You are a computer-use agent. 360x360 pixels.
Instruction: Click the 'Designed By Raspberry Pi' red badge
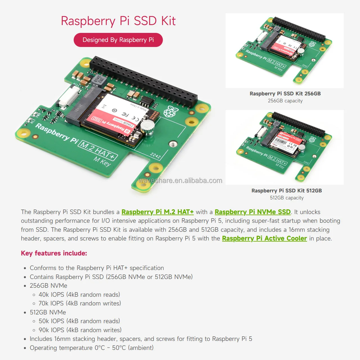point(118,40)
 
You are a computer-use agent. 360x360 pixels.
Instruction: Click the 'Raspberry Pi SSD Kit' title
point(118,21)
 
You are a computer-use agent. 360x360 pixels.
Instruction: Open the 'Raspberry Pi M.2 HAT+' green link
point(157,212)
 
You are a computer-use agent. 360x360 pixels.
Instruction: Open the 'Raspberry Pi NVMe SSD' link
point(253,212)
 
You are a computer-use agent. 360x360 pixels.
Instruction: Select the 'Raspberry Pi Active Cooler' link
point(264,238)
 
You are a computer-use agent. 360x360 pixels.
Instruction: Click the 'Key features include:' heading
point(54,253)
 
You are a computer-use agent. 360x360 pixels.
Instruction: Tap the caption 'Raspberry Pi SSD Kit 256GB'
point(285,94)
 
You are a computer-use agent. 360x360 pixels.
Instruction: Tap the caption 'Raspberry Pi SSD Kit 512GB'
point(287,191)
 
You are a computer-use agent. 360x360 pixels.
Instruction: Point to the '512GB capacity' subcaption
point(287,198)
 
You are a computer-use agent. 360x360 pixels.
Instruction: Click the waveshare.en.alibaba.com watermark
point(180,181)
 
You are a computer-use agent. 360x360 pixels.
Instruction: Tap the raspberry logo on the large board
point(171,112)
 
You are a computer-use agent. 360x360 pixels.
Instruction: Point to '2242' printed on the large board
point(155,156)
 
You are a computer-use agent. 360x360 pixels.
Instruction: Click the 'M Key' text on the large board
point(102,162)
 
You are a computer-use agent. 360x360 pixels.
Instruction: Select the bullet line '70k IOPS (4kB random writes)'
point(80,303)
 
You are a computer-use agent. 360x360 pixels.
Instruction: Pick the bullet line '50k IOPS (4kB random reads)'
point(79,321)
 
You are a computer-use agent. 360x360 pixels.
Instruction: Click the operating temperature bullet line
point(92,348)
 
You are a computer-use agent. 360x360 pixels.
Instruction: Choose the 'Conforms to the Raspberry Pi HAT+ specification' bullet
point(97,268)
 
